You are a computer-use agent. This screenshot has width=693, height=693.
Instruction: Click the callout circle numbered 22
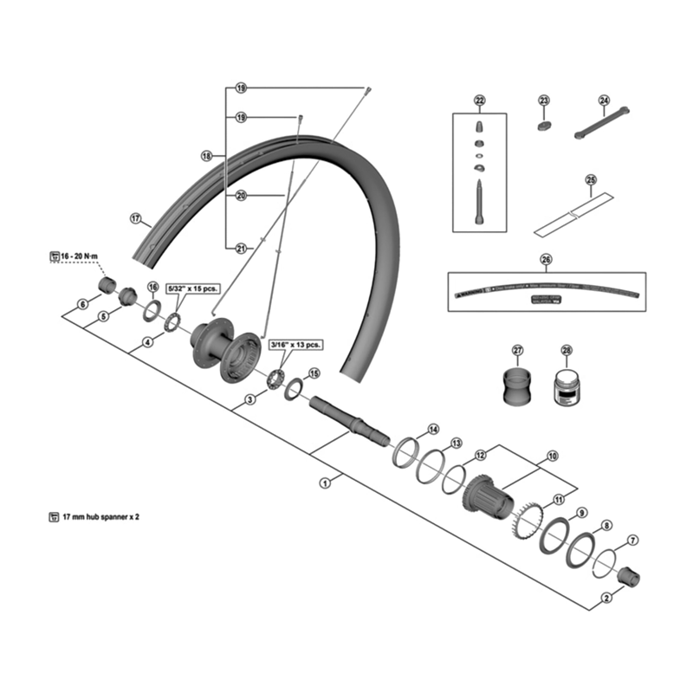coord(480,100)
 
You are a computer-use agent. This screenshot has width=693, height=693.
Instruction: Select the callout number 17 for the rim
coord(135,218)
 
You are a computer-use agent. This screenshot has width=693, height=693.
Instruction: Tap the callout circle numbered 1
coord(326,483)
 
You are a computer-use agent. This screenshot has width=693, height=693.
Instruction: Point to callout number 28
coord(567,350)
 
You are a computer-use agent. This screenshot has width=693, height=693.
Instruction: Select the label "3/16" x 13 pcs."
coord(295,344)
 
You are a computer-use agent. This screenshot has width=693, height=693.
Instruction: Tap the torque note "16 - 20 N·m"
coord(76,256)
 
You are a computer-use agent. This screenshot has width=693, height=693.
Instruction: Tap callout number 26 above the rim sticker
coord(546,258)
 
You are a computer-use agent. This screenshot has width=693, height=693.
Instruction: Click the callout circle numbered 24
coord(604,100)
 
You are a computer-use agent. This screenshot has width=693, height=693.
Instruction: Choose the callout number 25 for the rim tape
coord(591,180)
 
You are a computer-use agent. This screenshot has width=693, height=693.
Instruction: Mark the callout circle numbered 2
coord(606,597)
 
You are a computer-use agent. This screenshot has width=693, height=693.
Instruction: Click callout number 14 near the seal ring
coord(433,430)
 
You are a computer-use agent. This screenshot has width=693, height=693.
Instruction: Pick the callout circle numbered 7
coord(633,540)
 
